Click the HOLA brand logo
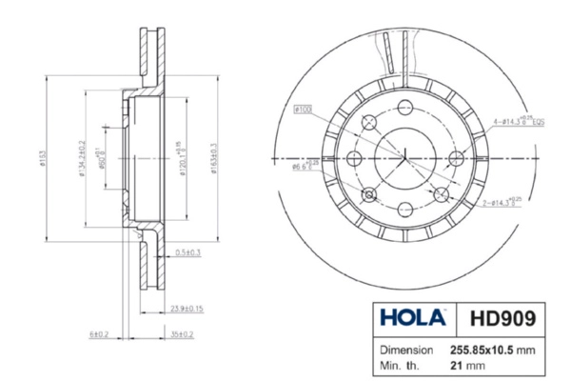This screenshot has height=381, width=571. pos(412,317)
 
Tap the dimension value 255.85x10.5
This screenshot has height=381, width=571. pos(486,350)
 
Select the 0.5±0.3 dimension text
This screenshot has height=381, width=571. pos(187,252)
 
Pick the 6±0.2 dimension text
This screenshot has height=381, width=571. pos(98,334)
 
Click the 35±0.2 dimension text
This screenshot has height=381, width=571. pos(181,334)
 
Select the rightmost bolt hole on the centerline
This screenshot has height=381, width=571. pos(455,158)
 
